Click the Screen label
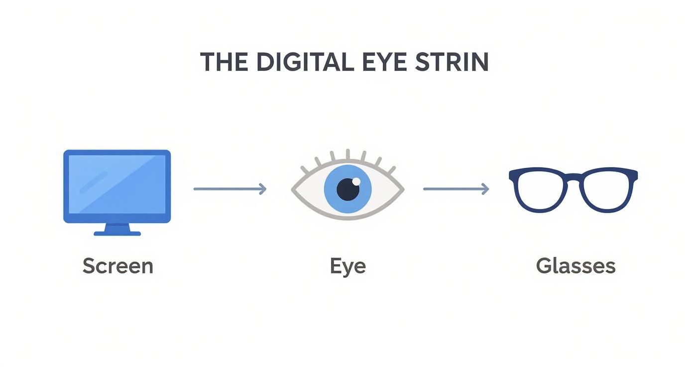(x=117, y=266)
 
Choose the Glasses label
(x=576, y=266)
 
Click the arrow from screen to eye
(x=230, y=189)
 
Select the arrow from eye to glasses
(x=456, y=189)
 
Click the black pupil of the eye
(x=348, y=189)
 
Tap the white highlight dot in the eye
(x=356, y=181)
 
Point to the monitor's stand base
(x=117, y=233)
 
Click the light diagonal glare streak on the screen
(x=93, y=182)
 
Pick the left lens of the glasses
(x=540, y=191)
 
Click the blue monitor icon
(x=117, y=187)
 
